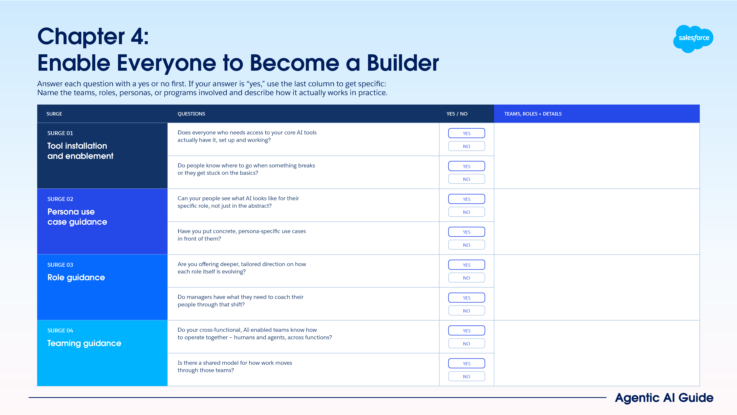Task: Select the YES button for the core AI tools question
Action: pyautogui.click(x=466, y=133)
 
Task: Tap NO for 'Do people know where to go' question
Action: pyautogui.click(x=466, y=179)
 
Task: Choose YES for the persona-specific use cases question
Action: pyautogui.click(x=466, y=232)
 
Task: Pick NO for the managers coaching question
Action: pyautogui.click(x=466, y=311)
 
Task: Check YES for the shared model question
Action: pyautogui.click(x=466, y=363)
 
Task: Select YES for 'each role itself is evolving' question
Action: pyautogui.click(x=466, y=265)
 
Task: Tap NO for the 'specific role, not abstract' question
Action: pyautogui.click(x=466, y=212)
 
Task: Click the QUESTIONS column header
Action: pyautogui.click(x=191, y=114)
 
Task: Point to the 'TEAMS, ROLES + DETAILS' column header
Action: pyautogui.click(x=533, y=114)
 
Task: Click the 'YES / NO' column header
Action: pyautogui.click(x=457, y=114)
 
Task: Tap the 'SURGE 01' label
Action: pyautogui.click(x=60, y=133)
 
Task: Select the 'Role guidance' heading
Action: pyautogui.click(x=76, y=277)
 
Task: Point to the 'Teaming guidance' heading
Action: pyautogui.click(x=84, y=343)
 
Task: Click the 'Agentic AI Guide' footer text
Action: pyautogui.click(x=664, y=398)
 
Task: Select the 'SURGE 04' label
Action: pyautogui.click(x=60, y=331)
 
